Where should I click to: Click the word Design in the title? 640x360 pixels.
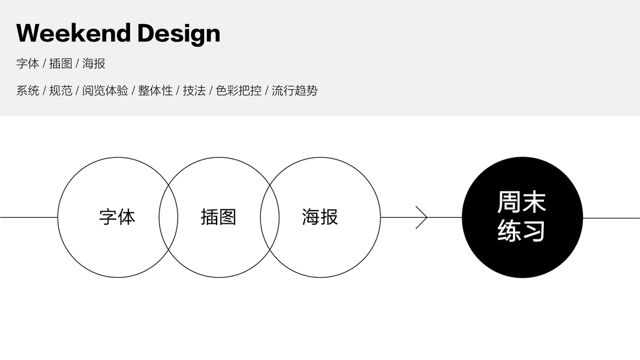pyautogui.click(x=179, y=34)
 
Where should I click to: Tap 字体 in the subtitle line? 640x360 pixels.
pyautogui.click(x=28, y=64)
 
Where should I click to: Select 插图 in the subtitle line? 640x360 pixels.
pyautogui.click(x=61, y=64)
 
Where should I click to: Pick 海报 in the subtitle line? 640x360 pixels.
pyautogui.click(x=94, y=64)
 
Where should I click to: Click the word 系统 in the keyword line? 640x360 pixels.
pyautogui.click(x=28, y=91)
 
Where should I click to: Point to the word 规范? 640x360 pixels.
pyautogui.click(x=61, y=91)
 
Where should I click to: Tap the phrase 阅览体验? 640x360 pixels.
pyautogui.click(x=105, y=91)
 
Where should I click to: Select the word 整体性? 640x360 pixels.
pyautogui.click(x=155, y=91)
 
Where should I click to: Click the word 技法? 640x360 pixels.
pyautogui.click(x=194, y=91)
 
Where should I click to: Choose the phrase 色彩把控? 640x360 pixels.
pyautogui.click(x=239, y=91)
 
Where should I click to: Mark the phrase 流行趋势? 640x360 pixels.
pyautogui.click(x=295, y=91)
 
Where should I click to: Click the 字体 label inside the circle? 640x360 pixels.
pyautogui.click(x=118, y=217)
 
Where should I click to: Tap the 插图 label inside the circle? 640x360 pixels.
pyautogui.click(x=218, y=217)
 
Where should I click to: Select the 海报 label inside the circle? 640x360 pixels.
pyautogui.click(x=320, y=217)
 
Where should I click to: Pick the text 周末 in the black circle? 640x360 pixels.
pyautogui.click(x=522, y=203)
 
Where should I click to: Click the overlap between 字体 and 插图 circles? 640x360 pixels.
pyautogui.click(x=169, y=217)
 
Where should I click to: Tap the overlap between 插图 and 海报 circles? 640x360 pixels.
pyautogui.click(x=269, y=217)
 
